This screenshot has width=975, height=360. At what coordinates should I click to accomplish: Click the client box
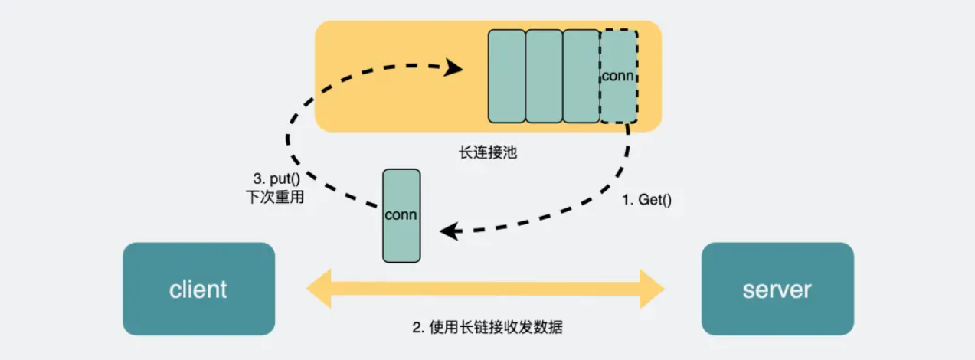(198, 289)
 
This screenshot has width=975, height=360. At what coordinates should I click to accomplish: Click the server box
(777, 289)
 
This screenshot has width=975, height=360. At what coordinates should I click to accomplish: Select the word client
(198, 290)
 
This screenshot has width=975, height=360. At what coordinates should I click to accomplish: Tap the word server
(777, 290)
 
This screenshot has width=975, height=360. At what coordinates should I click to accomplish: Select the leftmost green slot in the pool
(507, 77)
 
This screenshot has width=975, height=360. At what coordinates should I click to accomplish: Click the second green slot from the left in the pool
(544, 77)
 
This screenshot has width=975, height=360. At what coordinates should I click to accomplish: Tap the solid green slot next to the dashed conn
(581, 77)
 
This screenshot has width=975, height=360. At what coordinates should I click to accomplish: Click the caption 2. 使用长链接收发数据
(487, 327)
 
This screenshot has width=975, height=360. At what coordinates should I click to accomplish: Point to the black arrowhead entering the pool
(456, 68)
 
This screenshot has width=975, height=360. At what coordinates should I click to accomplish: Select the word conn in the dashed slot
(618, 76)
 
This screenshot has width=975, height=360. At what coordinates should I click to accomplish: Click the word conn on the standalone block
(401, 214)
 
